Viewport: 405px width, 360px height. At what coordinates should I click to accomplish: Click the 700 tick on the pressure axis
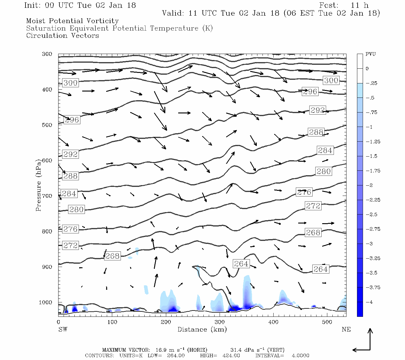[47, 196]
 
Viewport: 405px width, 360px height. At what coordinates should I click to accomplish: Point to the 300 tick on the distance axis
[219, 322]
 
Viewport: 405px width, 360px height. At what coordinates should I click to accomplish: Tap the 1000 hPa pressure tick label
[45, 302]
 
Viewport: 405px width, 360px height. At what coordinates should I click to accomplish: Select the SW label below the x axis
[63, 329]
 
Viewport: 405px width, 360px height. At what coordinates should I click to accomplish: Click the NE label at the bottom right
[346, 329]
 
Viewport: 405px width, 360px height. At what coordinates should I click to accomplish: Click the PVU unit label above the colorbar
[370, 54]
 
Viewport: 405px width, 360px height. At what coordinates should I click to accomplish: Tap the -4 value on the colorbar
[370, 302]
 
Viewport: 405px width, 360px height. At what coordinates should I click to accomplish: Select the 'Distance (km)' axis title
[202, 329]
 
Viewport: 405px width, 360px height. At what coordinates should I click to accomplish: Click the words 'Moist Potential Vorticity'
[72, 21]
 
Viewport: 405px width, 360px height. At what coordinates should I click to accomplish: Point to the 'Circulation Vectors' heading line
[62, 36]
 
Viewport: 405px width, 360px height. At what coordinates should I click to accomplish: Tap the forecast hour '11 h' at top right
[359, 5]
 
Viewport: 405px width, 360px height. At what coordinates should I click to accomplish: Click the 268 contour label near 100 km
[112, 256]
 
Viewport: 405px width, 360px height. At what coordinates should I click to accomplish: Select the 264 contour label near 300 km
[241, 264]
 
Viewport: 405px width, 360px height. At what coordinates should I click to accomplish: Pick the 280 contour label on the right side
[323, 171]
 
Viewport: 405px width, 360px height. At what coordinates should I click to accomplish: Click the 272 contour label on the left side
[70, 245]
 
